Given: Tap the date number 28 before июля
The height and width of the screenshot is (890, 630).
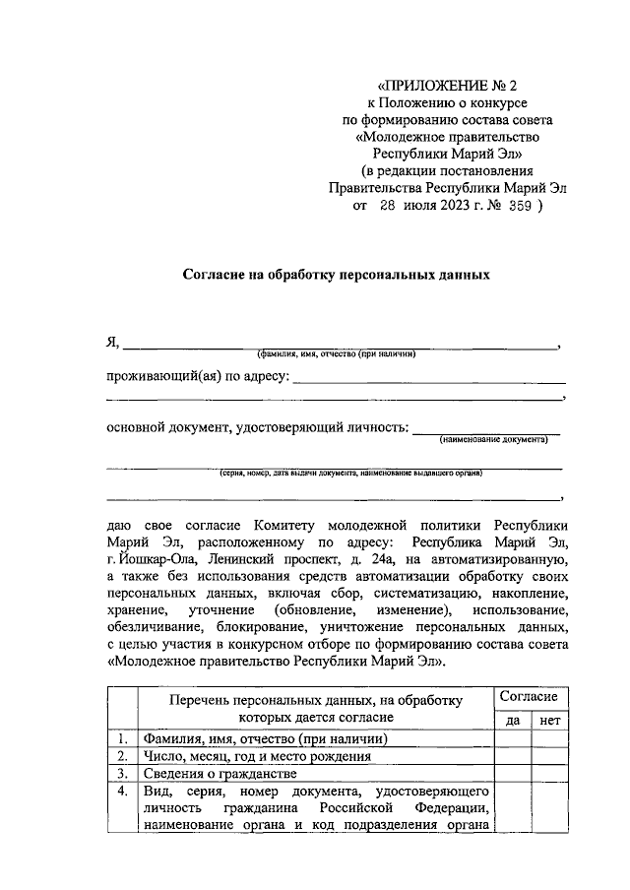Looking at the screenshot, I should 386,208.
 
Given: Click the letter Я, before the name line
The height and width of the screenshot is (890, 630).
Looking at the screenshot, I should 112,343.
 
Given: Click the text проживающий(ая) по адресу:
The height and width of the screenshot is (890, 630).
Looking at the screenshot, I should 197,377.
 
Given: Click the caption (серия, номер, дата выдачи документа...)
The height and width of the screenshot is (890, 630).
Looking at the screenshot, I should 349,473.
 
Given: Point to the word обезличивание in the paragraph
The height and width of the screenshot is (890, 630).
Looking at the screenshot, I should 152,628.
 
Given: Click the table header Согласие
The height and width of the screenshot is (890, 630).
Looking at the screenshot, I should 529,696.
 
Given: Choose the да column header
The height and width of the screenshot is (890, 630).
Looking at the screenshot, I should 512,720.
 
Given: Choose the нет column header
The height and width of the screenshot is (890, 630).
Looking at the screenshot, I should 548,720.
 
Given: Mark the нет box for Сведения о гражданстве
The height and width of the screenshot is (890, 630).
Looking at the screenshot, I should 548,775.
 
